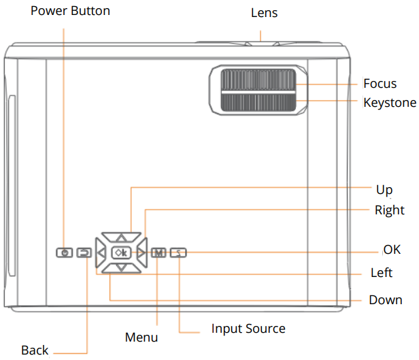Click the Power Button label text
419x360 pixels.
click(x=70, y=11)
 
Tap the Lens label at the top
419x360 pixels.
click(x=264, y=13)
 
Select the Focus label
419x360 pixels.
click(x=380, y=84)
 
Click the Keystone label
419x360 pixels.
click(x=389, y=103)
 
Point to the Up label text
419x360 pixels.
click(x=384, y=189)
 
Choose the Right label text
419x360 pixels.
click(x=389, y=210)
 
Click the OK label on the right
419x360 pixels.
click(x=392, y=250)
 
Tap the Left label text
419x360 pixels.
click(x=381, y=273)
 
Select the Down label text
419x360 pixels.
click(x=385, y=299)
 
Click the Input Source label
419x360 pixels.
click(x=248, y=329)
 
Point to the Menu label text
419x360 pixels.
click(x=141, y=337)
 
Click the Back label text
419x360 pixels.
click(x=35, y=350)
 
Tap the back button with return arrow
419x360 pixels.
click(x=84, y=253)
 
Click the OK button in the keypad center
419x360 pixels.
click(x=120, y=253)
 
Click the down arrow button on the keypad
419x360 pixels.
click(x=120, y=268)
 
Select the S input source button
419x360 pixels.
click(x=178, y=253)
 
